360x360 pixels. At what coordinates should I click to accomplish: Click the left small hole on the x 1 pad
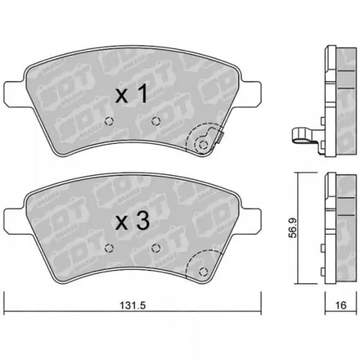[109, 120]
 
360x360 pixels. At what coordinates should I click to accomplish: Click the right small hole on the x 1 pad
[154, 120]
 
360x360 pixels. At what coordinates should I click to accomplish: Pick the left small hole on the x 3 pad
[109, 248]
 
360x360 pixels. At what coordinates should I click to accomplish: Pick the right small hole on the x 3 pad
[156, 248]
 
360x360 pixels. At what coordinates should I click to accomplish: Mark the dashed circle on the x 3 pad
[202, 271]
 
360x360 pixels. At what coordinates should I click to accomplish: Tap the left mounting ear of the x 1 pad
[14, 94]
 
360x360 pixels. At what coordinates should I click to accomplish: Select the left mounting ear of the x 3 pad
[14, 222]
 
